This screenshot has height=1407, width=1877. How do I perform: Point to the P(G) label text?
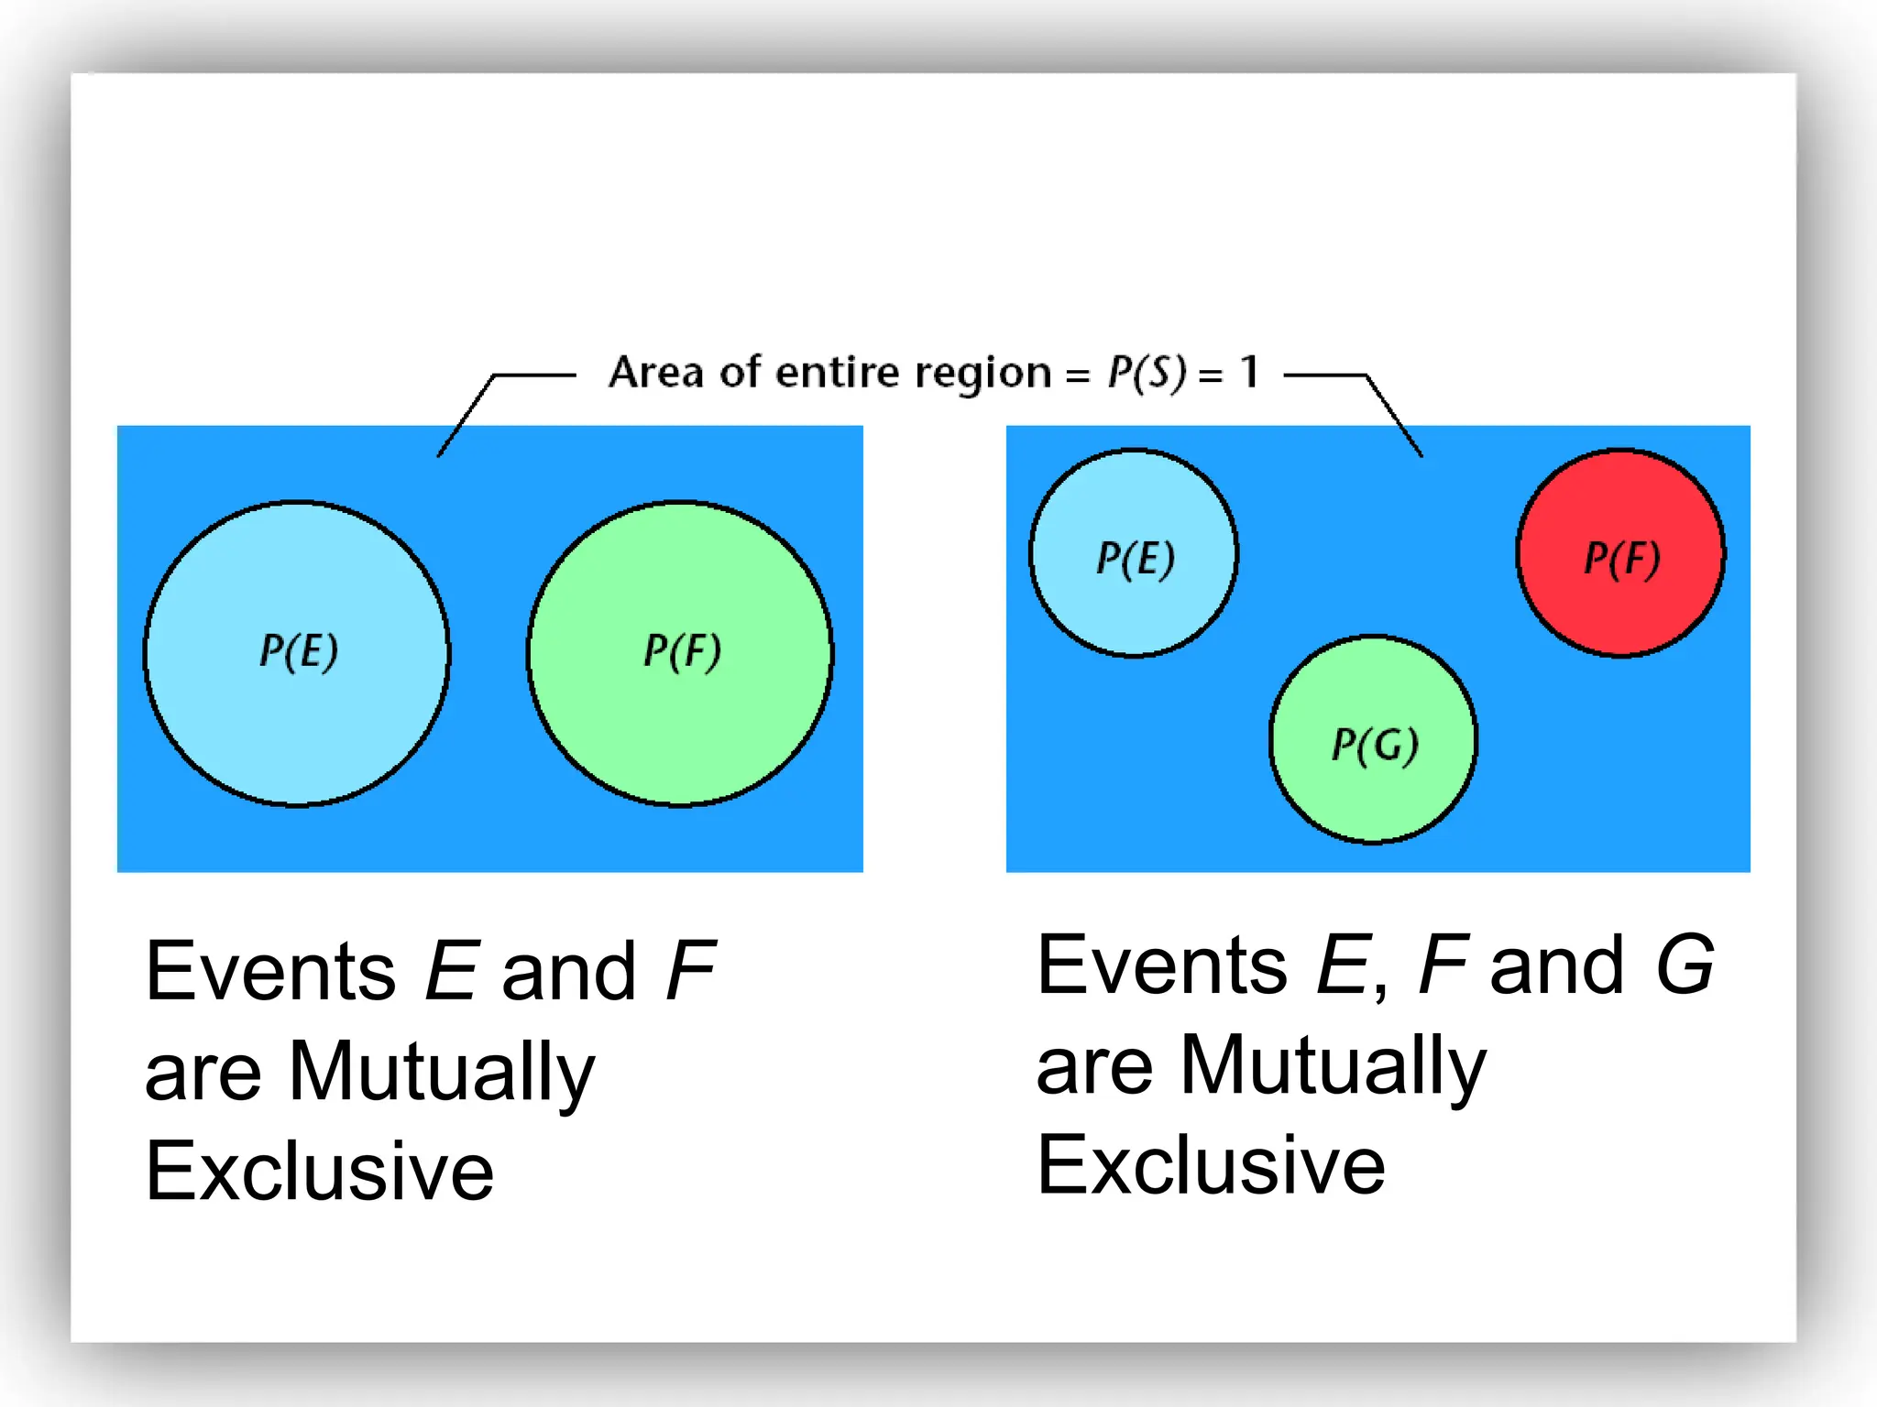pos(1375,744)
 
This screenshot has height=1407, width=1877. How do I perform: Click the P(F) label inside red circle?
pos(1622,558)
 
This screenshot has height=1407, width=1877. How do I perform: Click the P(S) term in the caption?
pos(1147,373)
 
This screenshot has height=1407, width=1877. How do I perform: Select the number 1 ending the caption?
pos(1249,372)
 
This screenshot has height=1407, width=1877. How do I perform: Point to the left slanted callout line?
pos(466,416)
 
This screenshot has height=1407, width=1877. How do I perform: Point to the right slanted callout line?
pos(1395,416)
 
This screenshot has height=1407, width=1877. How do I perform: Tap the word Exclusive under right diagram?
pos(1211,1164)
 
